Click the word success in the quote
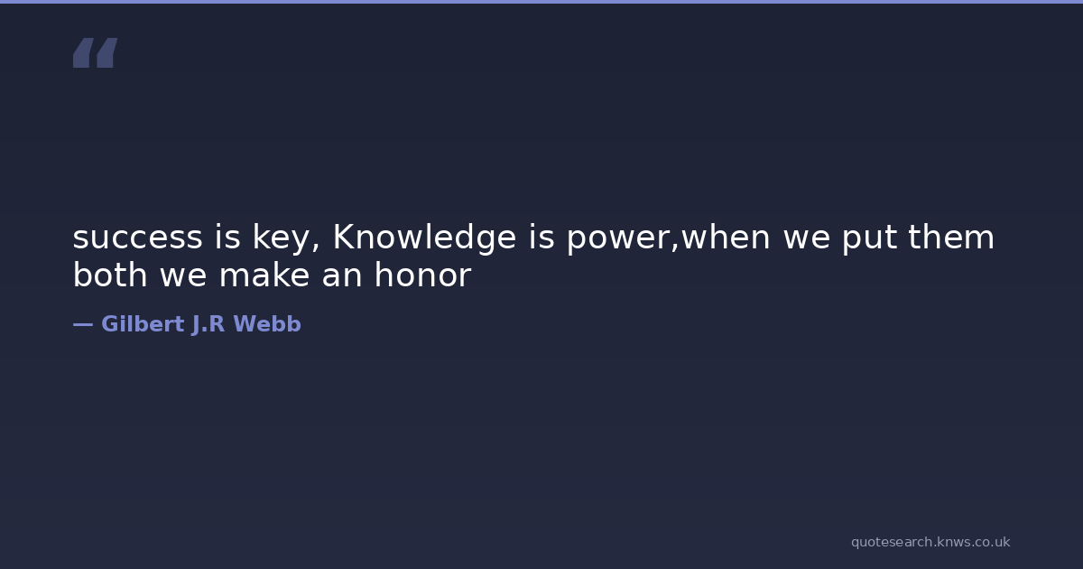[137, 238]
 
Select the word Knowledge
[425, 238]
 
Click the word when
[725, 237]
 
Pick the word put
[869, 239]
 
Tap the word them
[951, 237]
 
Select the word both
[110, 275]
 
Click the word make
[264, 275]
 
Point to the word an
[342, 276]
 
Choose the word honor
[422, 275]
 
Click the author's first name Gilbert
[143, 323]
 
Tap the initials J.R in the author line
[208, 324]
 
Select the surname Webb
[267, 323]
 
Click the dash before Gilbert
[83, 324]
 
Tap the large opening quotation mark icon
[96, 52]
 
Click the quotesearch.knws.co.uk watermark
[930, 542]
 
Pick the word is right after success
[227, 237]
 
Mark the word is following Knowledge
[541, 237]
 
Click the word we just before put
[807, 238]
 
